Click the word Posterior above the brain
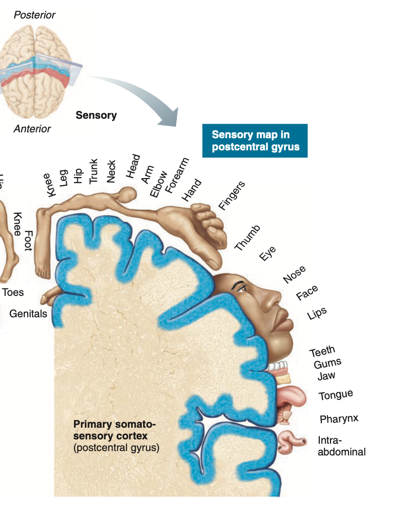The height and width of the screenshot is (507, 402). point(35,15)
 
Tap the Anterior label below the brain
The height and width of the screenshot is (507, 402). point(32,129)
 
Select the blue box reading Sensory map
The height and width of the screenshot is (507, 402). point(255,141)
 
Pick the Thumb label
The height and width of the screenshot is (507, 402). point(247,238)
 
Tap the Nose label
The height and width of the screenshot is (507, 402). point(294,274)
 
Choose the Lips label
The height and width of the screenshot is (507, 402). point(317,314)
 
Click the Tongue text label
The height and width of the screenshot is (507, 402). point(336,395)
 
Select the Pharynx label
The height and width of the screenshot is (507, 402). point(339,418)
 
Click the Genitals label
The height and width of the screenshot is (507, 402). point(28,313)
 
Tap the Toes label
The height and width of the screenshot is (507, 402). point(13,292)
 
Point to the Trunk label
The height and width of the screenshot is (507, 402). point(94,171)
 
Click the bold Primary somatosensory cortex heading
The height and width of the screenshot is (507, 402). point(115,429)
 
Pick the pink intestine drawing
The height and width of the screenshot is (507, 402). point(291,440)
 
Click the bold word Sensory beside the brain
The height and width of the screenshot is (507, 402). point(96,115)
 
